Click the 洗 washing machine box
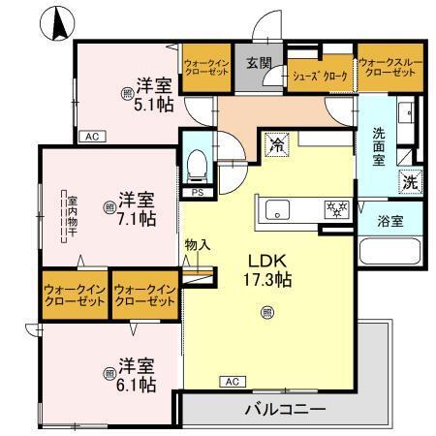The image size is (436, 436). (410, 181)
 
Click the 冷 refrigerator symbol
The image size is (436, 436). (278, 147)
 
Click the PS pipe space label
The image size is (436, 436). (197, 193)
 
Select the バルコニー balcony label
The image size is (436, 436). (285, 409)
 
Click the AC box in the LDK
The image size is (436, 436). (231, 381)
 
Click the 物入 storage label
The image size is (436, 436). (198, 245)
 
